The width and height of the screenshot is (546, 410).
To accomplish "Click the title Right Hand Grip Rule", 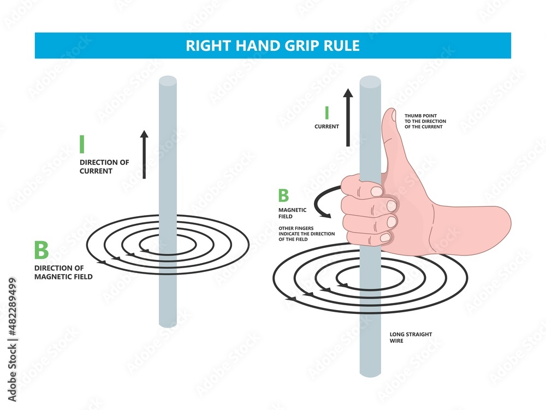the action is tap(272, 46).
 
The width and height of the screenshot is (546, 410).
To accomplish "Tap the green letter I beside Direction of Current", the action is tap(82, 144).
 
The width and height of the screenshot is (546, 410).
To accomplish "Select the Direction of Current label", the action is tap(104, 167).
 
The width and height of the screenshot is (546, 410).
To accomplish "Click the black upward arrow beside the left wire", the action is tap(144, 155).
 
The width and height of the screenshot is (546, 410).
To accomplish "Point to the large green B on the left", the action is tap(41, 250).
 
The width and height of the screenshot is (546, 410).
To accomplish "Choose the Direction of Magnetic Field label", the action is tap(63, 272).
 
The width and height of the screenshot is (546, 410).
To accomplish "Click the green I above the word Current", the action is tap(327, 113).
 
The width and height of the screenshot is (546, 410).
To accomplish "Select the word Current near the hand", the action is tap(327, 127).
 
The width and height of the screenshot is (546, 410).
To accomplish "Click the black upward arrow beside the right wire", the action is tap(348, 117).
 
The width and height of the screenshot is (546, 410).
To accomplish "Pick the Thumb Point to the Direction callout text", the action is tap(425, 121).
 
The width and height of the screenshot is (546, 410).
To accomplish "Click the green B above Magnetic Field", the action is tap(283, 195).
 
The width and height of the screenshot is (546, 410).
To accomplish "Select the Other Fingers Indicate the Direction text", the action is tap(306, 234).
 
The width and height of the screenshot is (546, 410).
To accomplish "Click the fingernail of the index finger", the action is tap(376, 192).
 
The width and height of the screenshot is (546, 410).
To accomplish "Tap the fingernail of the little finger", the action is tap(385, 237).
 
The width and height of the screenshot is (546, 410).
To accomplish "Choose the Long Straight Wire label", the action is tap(411, 337).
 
